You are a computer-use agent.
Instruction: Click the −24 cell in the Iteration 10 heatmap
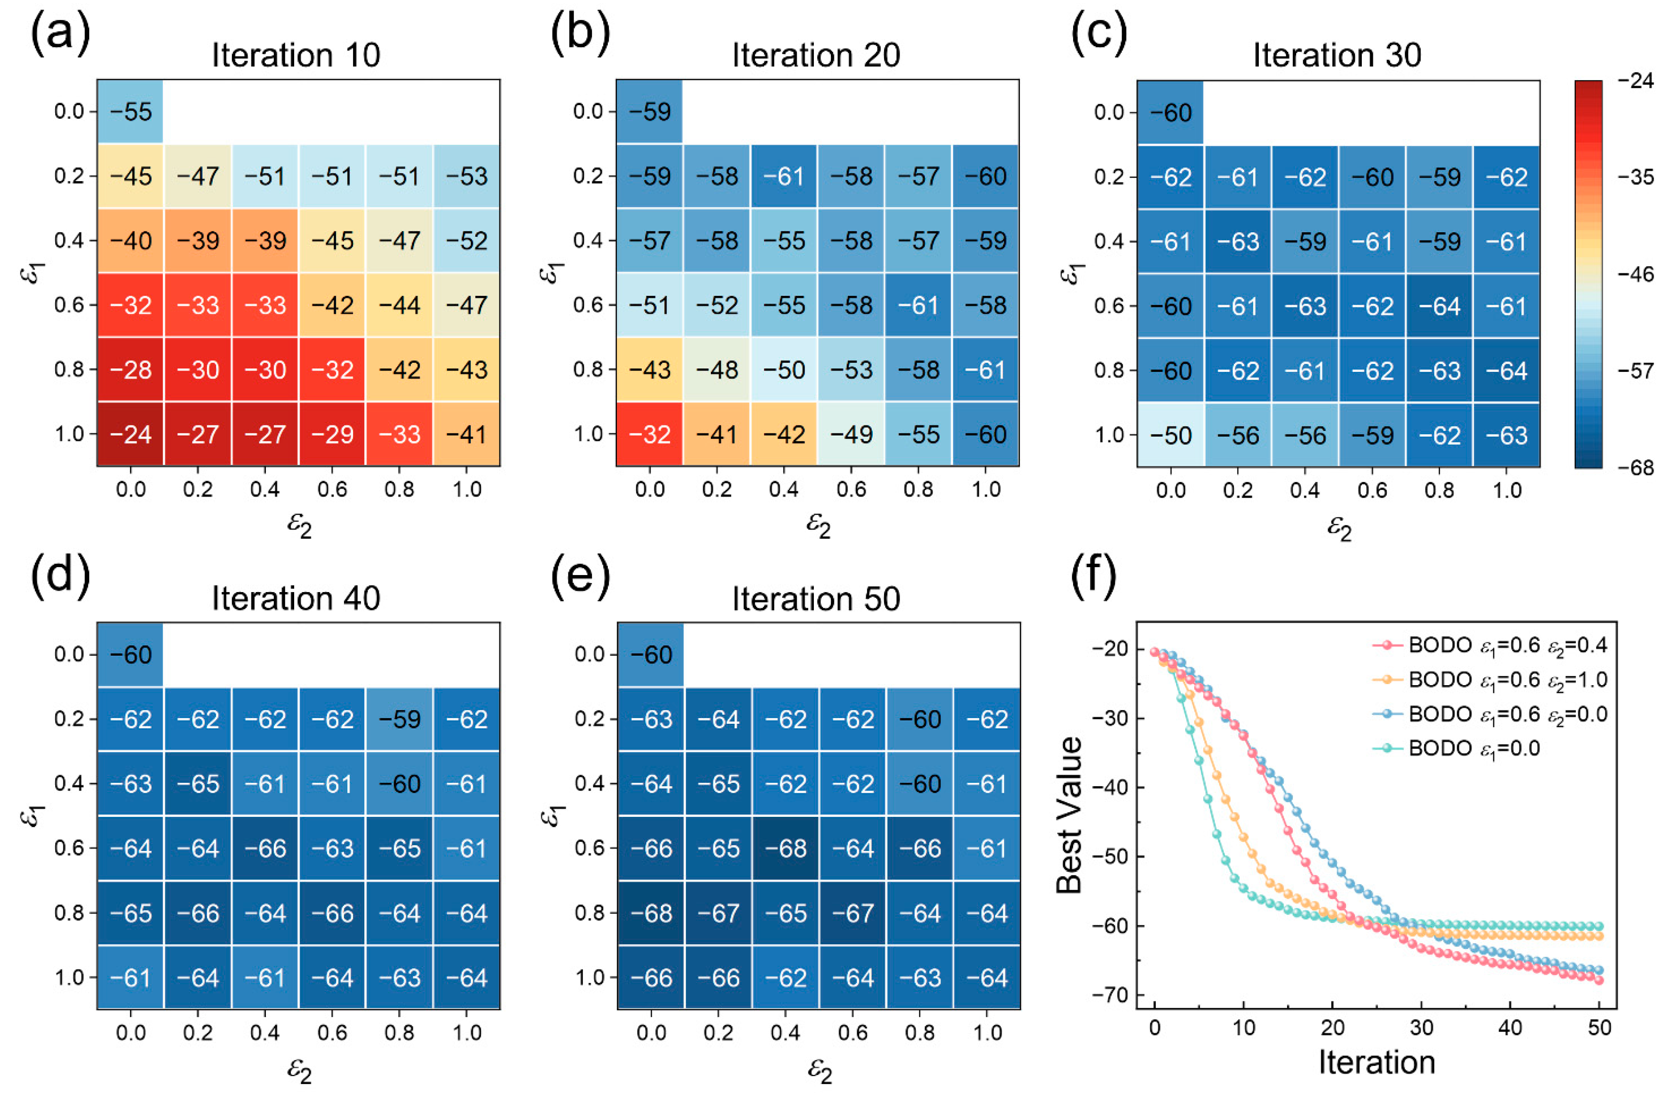tap(131, 434)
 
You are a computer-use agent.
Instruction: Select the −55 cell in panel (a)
tap(131, 112)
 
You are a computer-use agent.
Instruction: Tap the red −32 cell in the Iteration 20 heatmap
tap(650, 434)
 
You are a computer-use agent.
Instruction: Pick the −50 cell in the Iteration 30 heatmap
tap(1170, 435)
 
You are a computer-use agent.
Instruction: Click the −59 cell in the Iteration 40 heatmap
tap(400, 719)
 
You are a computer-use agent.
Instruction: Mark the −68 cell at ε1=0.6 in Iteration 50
tap(785, 848)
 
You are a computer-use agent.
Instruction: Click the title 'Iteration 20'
tap(816, 55)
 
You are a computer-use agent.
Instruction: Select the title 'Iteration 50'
tap(816, 598)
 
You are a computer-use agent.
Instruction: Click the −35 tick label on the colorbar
tap(1636, 177)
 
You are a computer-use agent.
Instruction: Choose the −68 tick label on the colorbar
tap(1636, 467)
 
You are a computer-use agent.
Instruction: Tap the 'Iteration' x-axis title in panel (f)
tap(1376, 1062)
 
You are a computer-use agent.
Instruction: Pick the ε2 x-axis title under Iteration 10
tap(299, 524)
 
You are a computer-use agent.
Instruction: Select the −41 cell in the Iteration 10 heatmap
tap(467, 434)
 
